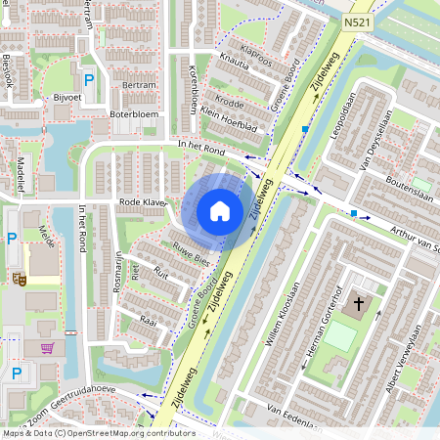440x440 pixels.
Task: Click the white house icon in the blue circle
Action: pyautogui.click(x=220, y=210)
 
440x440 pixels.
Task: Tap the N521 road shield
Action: pyautogui.click(x=357, y=20)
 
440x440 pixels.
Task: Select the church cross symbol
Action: pyautogui.click(x=358, y=305)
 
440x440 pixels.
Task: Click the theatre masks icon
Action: pyautogui.click(x=18, y=279)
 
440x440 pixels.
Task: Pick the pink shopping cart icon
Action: pyautogui.click(x=47, y=347)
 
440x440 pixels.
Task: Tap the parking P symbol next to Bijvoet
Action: pyautogui.click(x=89, y=80)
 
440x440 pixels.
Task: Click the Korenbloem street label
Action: pyautogui.click(x=194, y=91)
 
